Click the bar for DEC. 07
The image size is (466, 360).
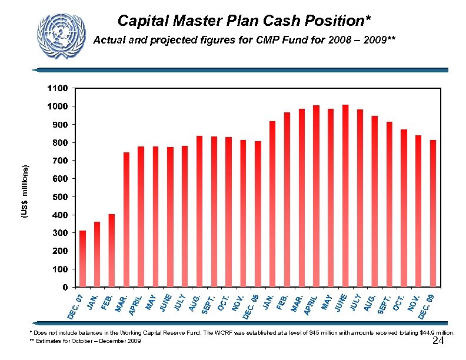(x=83, y=259)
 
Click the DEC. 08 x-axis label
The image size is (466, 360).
(x=249, y=307)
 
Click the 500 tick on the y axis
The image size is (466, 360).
(x=61, y=197)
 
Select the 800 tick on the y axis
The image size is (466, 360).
(x=61, y=142)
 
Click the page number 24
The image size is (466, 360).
(x=437, y=342)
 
